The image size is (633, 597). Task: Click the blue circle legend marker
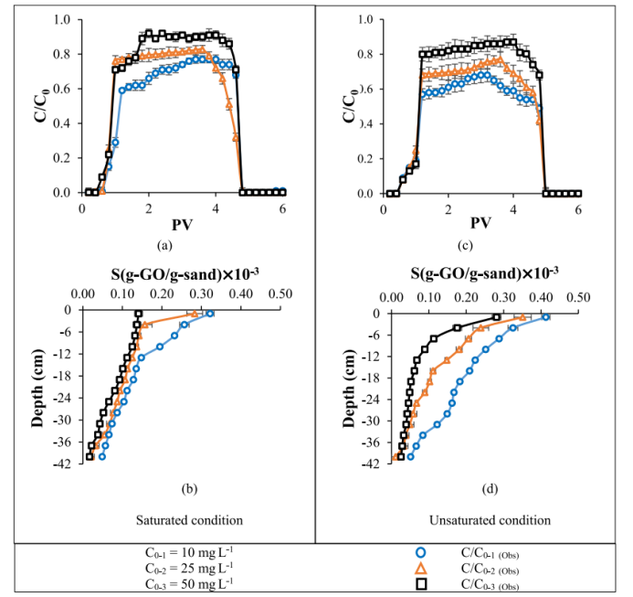pyautogui.click(x=420, y=552)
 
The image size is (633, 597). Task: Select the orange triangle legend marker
pyautogui.click(x=420, y=568)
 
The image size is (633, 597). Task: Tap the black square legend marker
pyautogui.click(x=420, y=583)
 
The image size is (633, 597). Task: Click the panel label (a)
pyautogui.click(x=164, y=245)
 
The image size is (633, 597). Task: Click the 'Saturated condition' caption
pyautogui.click(x=189, y=520)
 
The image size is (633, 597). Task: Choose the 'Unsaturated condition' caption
pyautogui.click(x=490, y=520)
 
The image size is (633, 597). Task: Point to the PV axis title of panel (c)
pyautogui.click(x=481, y=223)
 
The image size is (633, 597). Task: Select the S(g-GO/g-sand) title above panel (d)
pyautogui.click(x=484, y=272)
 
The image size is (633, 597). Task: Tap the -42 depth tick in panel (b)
pyautogui.click(x=65, y=463)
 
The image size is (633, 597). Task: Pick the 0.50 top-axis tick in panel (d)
pyautogui.click(x=578, y=297)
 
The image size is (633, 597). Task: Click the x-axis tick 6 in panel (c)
pyautogui.click(x=578, y=208)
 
